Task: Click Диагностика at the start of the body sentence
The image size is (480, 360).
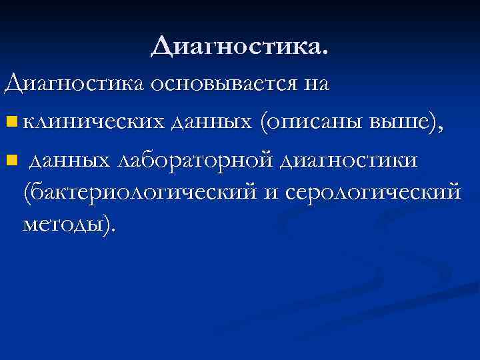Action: coord(75,85)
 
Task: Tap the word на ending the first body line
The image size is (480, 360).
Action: coord(319,85)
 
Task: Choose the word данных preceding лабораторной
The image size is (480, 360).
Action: coord(71,160)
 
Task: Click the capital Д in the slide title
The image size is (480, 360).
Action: coord(162,47)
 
